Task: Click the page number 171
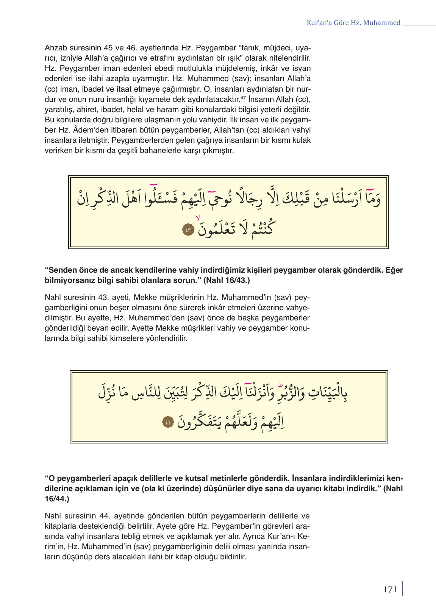tap(390, 590)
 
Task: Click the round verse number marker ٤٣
tap(188, 230)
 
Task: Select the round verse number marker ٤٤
tap(167, 422)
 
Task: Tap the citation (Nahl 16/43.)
tap(227, 281)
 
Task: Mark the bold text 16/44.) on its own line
tap(57, 499)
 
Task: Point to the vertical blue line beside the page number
tap(402, 589)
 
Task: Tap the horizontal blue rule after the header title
tap(419, 25)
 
